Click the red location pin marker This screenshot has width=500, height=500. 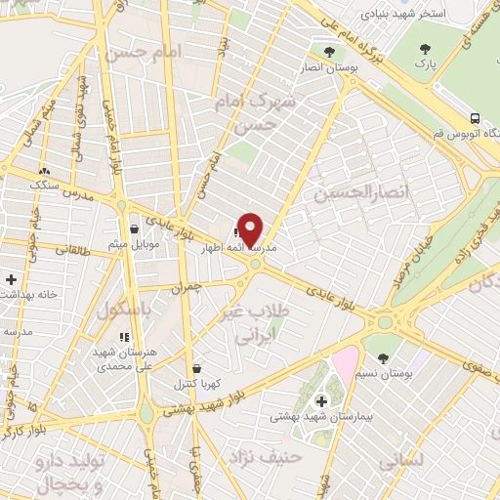click(251, 229)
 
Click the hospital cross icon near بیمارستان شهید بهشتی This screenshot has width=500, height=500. click(321, 400)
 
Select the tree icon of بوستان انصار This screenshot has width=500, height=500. click(329, 51)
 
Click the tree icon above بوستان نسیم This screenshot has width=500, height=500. click(383, 357)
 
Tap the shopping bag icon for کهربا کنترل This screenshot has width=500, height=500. click(198, 369)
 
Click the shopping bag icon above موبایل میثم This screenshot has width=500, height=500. click(132, 229)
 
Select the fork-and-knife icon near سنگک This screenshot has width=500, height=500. click(42, 167)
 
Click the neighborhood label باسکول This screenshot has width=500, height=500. click(124, 309)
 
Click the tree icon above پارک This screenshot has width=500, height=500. click(424, 49)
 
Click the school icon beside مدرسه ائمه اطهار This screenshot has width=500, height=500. click(238, 233)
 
